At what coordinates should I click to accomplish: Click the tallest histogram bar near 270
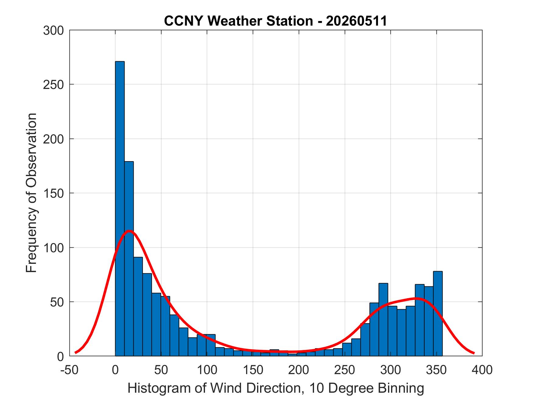(120, 209)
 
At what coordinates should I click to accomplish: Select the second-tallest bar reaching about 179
(129, 259)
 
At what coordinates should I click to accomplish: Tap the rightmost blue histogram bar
(438, 313)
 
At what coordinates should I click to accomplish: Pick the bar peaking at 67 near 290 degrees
(383, 320)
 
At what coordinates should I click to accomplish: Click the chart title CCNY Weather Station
(238, 21)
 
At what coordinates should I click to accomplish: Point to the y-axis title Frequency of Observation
(31, 193)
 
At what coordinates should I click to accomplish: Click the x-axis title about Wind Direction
(276, 388)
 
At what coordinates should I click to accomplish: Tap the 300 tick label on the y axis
(53, 30)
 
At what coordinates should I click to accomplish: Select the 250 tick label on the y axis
(53, 85)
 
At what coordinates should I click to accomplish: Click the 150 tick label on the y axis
(53, 193)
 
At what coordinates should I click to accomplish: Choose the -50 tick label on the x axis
(70, 370)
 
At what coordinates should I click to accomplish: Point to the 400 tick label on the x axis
(482, 370)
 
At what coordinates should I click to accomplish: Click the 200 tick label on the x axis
(299, 370)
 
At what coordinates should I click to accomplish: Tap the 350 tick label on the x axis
(436, 370)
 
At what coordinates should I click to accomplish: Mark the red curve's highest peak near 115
(129, 231)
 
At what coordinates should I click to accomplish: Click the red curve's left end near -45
(76, 352)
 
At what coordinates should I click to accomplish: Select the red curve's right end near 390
(474, 353)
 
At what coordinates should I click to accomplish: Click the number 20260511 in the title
(356, 21)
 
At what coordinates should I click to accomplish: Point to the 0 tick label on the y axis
(60, 356)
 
